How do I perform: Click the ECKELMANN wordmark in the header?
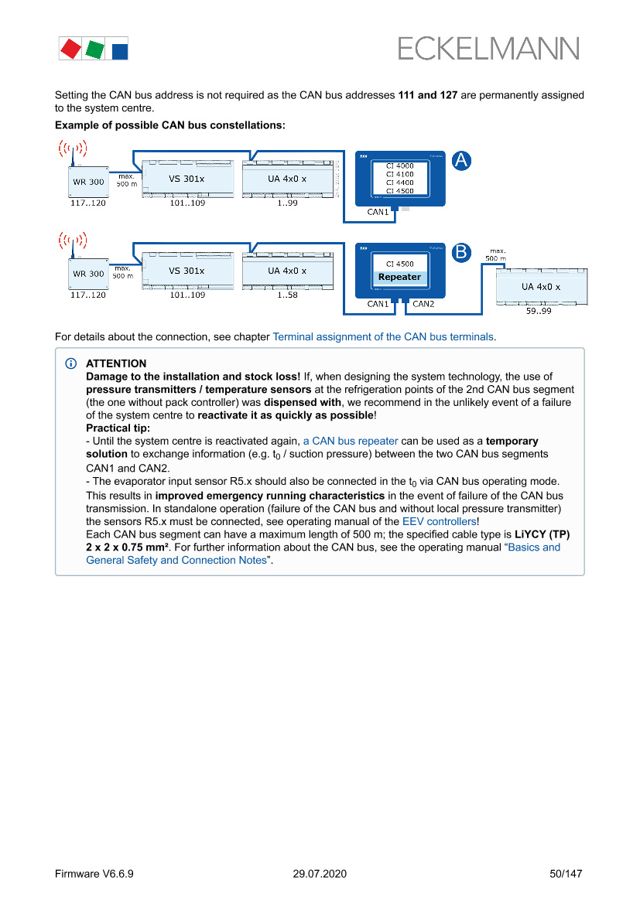coord(488,49)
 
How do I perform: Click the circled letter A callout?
coord(461,161)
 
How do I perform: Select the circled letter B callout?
coord(461,252)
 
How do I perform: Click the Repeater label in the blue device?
coord(399,277)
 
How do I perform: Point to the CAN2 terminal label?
coord(423,304)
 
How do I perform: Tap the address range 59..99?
coord(539,311)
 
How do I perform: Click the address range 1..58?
coord(286,295)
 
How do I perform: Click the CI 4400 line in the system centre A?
coord(399,183)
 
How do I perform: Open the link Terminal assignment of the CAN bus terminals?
coord(383,337)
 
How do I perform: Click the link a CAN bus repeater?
coord(351,441)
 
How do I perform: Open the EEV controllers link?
coord(439,521)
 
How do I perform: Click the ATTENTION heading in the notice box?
coord(116,363)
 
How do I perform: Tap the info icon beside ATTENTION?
coord(70,363)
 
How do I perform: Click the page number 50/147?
coord(565,874)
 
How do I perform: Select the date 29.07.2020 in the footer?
coord(320,874)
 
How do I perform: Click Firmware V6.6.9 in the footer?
coord(94,874)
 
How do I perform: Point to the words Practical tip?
coord(118,428)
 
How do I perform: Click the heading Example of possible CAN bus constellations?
coord(170,125)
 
